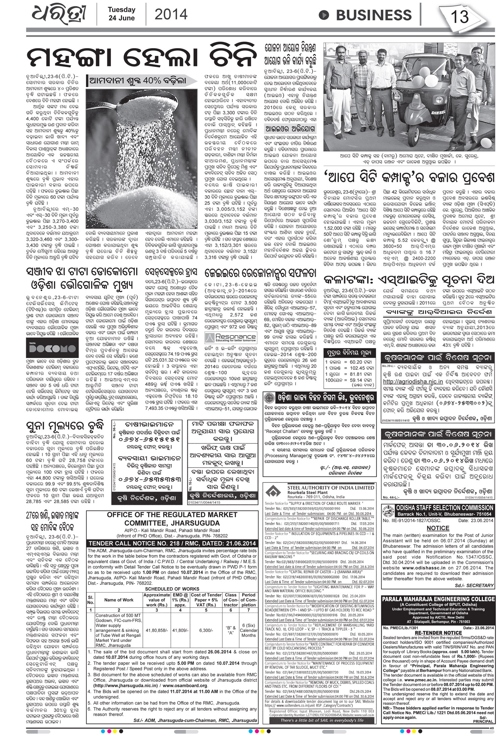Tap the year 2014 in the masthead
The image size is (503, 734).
click(171, 14)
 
